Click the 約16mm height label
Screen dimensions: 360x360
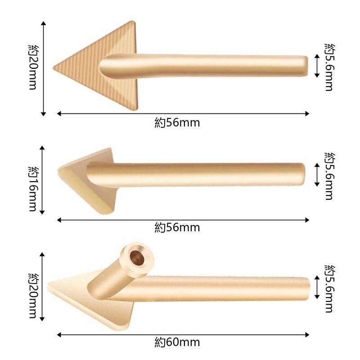click(x=32, y=189)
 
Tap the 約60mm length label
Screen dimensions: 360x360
click(x=177, y=342)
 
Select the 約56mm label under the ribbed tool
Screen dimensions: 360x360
click(x=177, y=122)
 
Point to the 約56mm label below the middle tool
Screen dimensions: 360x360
click(x=177, y=228)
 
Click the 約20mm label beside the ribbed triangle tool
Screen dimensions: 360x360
click(x=32, y=67)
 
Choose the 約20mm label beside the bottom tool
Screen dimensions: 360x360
click(x=32, y=296)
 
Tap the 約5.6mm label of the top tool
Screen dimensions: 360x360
click(x=329, y=67)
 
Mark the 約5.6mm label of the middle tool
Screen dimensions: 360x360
click(x=329, y=176)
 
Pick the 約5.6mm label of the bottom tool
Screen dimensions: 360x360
click(x=329, y=288)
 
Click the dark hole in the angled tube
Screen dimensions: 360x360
click(x=137, y=257)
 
